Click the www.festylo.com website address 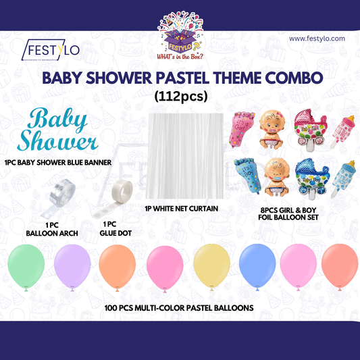[317, 39]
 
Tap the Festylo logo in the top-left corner [50, 51]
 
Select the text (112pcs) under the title [180, 96]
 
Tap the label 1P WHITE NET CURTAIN [181, 209]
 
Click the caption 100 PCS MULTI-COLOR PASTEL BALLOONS [179, 307]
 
